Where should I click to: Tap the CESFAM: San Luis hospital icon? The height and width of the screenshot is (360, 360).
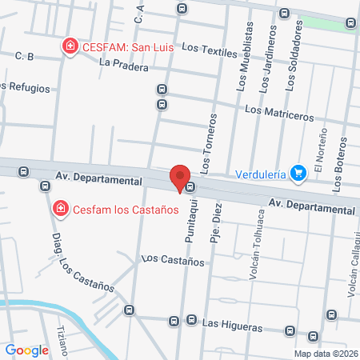click(70, 46)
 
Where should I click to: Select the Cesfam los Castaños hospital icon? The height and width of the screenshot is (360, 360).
click(60, 210)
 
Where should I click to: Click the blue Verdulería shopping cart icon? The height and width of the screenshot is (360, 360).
click(298, 172)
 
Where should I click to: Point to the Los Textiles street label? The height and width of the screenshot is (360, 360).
click(210, 52)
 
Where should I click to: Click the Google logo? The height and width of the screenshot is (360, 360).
click(26, 350)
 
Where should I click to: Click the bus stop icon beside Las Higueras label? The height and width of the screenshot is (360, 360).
click(190, 321)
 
